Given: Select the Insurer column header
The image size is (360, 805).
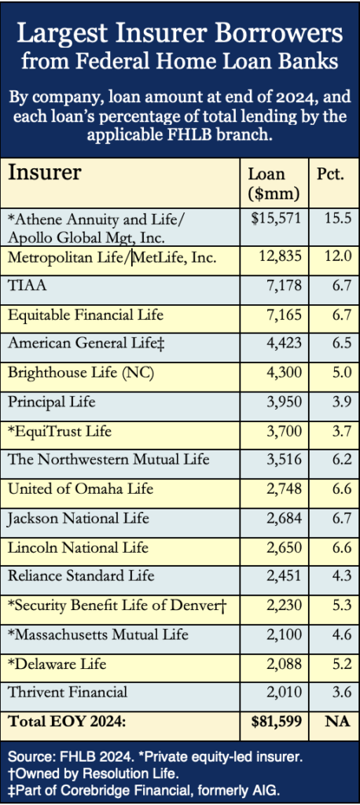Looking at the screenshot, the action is (44, 172).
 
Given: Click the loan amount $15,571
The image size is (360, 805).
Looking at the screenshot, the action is (276, 219).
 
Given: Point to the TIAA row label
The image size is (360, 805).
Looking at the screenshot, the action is (28, 285).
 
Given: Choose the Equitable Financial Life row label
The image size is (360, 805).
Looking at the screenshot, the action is (85, 314).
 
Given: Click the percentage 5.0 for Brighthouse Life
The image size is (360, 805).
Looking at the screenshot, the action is (341, 372).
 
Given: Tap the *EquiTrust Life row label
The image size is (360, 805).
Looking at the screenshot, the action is (60, 431).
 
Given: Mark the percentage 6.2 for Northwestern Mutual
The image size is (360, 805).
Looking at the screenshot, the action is (341, 459).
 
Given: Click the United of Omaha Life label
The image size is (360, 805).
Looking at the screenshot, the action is (80, 488).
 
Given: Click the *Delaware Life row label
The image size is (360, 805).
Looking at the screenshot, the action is (57, 663).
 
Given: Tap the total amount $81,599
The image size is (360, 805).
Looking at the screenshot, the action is (276, 722).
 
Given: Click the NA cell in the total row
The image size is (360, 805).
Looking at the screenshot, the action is (337, 722).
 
